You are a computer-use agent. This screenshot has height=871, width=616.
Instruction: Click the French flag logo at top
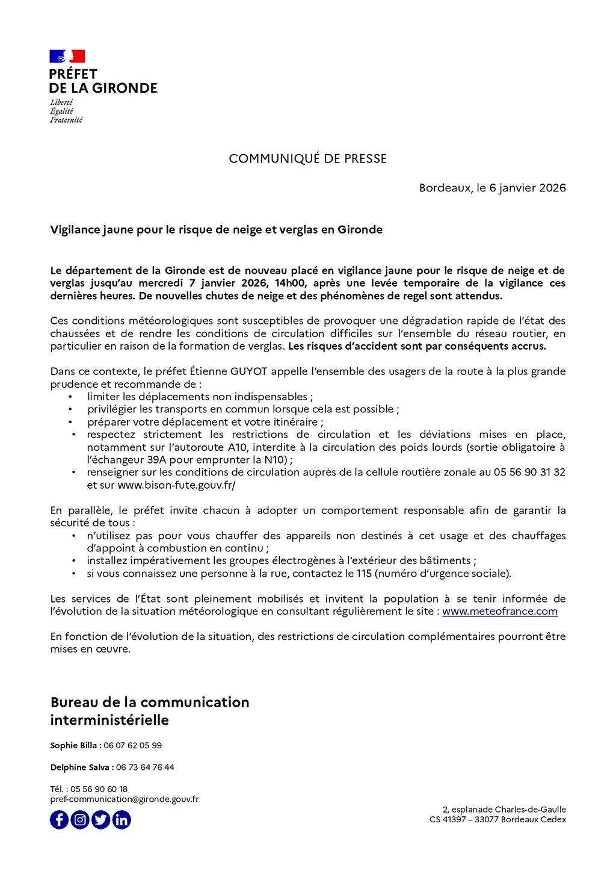[67, 57]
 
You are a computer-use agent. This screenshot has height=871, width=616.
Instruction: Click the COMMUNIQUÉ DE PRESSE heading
[307, 159]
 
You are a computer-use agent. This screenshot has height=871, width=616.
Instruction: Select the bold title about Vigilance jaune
[216, 229]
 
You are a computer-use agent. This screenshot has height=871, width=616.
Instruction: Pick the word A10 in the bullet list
[234, 447]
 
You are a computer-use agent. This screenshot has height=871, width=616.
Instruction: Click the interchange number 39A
[159, 460]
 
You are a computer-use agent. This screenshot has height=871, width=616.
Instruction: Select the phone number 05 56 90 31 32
[529, 473]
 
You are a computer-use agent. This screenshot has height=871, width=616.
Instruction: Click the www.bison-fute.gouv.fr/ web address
[176, 485]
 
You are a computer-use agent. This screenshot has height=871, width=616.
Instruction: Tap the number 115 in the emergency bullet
[364, 574]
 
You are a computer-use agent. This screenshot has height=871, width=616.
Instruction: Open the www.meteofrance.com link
[499, 612]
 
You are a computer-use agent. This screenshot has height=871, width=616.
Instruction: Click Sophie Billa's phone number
[132, 746]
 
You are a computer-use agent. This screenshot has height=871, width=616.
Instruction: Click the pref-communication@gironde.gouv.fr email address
[124, 799]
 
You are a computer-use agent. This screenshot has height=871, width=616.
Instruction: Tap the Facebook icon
[59, 820]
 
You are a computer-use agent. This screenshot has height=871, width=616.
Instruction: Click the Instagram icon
[80, 820]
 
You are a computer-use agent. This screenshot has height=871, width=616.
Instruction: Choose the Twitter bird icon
[100, 820]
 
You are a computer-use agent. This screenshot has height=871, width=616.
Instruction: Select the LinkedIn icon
[122, 820]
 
